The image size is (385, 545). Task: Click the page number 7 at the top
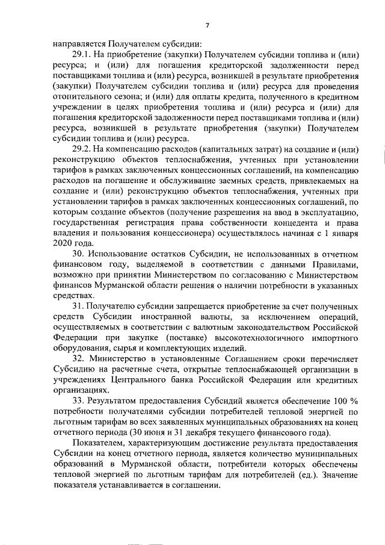click(206, 25)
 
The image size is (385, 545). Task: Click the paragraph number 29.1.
click(82, 55)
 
